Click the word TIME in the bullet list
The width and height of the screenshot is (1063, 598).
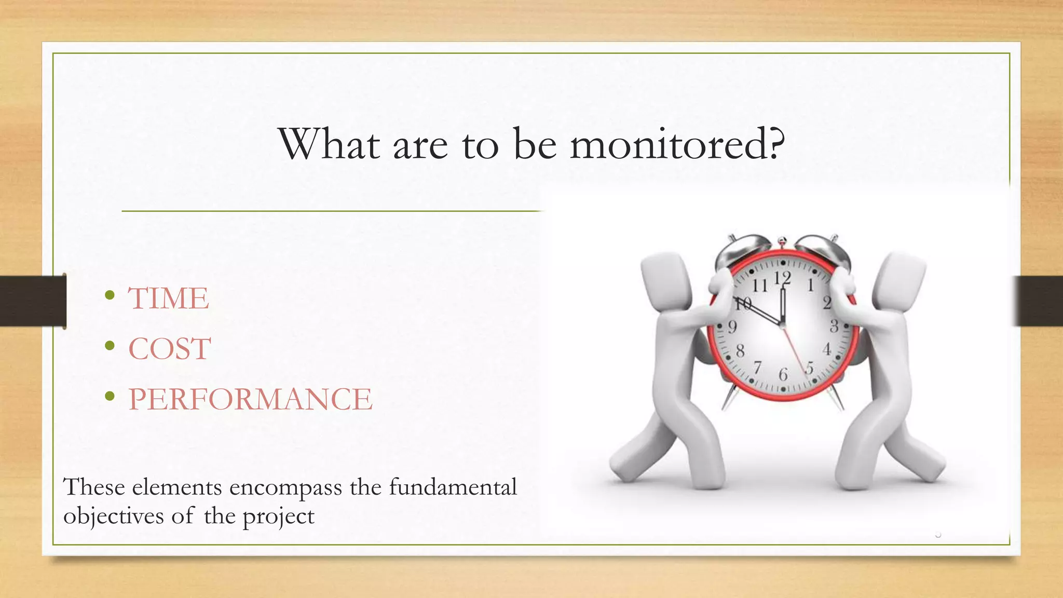click(x=168, y=298)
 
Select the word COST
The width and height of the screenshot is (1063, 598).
click(x=169, y=348)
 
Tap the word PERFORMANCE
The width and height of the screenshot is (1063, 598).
click(x=250, y=399)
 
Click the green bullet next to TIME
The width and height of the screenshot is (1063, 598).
click(x=109, y=295)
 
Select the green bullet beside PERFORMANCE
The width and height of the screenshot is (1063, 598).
click(x=109, y=397)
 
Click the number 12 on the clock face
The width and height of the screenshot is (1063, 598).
click(x=782, y=279)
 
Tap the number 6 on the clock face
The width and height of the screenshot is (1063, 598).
click(x=783, y=374)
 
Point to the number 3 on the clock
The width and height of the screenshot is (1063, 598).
click(x=834, y=327)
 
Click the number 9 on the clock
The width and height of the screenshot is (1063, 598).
click(x=732, y=327)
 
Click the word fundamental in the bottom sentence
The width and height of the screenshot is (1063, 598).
click(x=453, y=487)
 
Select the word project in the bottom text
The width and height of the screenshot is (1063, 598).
click(x=278, y=517)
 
